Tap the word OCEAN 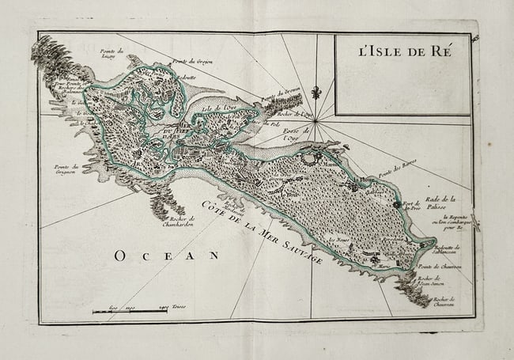point(165,255)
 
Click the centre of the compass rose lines point(316,120)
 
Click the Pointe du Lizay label point(109,54)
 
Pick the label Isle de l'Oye point(221,108)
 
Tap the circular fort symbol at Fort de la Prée point(397,204)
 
